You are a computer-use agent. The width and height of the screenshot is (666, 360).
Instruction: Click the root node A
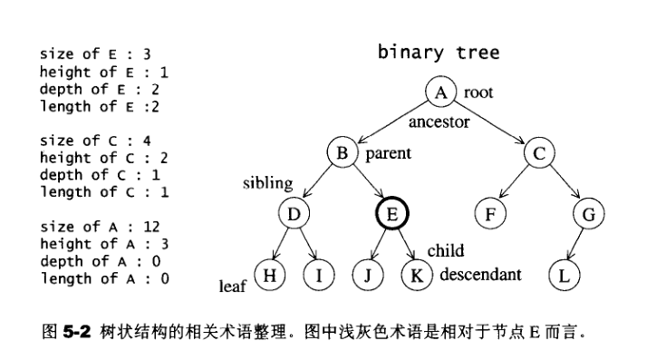(440, 92)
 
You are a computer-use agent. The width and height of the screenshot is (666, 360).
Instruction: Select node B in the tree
(343, 153)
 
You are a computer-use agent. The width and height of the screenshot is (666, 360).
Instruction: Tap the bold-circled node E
(392, 214)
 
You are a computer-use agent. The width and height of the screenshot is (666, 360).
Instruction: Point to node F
(490, 214)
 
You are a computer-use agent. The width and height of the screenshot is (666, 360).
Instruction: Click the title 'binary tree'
(438, 53)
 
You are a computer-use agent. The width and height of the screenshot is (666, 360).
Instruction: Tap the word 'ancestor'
(439, 121)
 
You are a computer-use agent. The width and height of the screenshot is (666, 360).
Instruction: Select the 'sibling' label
(267, 184)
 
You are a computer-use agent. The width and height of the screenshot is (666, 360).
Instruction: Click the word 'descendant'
(479, 274)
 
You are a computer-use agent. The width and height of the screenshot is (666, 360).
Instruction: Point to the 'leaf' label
(233, 287)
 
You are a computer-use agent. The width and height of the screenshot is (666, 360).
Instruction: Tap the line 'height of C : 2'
(103, 158)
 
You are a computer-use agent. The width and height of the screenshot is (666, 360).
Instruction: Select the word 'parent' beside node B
(388, 153)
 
